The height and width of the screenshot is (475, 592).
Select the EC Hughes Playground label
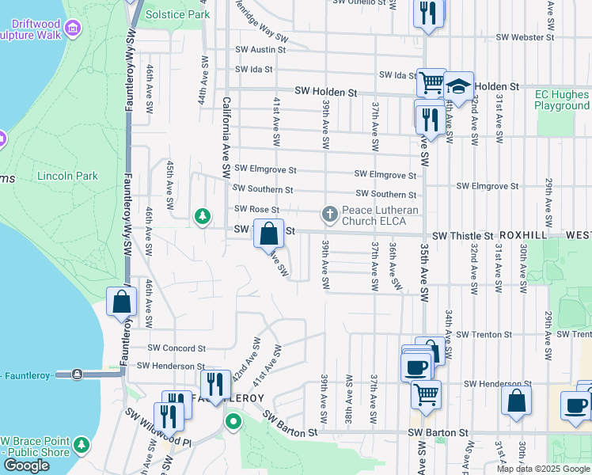562,100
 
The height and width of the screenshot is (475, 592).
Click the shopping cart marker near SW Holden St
431,82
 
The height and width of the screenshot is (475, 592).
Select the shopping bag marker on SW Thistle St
268,233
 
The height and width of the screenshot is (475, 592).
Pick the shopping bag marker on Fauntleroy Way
122,302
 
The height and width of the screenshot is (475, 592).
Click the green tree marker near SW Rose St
203,215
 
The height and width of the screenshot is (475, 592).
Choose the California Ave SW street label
226,136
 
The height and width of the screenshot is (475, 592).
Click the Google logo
26,465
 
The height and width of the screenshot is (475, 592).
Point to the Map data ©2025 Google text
543,469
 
